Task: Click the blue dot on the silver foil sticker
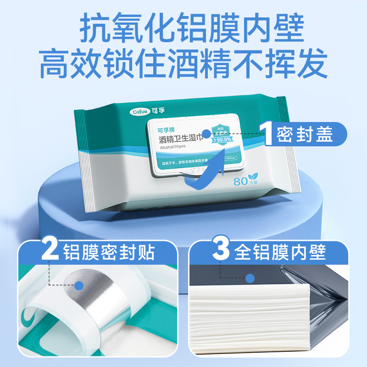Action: (79, 285)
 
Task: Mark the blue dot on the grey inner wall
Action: (250, 278)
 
